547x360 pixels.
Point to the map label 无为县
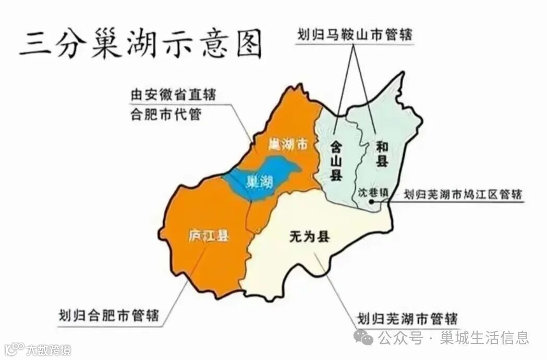point(309,237)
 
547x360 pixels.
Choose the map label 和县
point(382,155)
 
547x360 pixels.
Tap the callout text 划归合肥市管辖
point(109,315)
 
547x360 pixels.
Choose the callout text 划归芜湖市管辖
point(407,317)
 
